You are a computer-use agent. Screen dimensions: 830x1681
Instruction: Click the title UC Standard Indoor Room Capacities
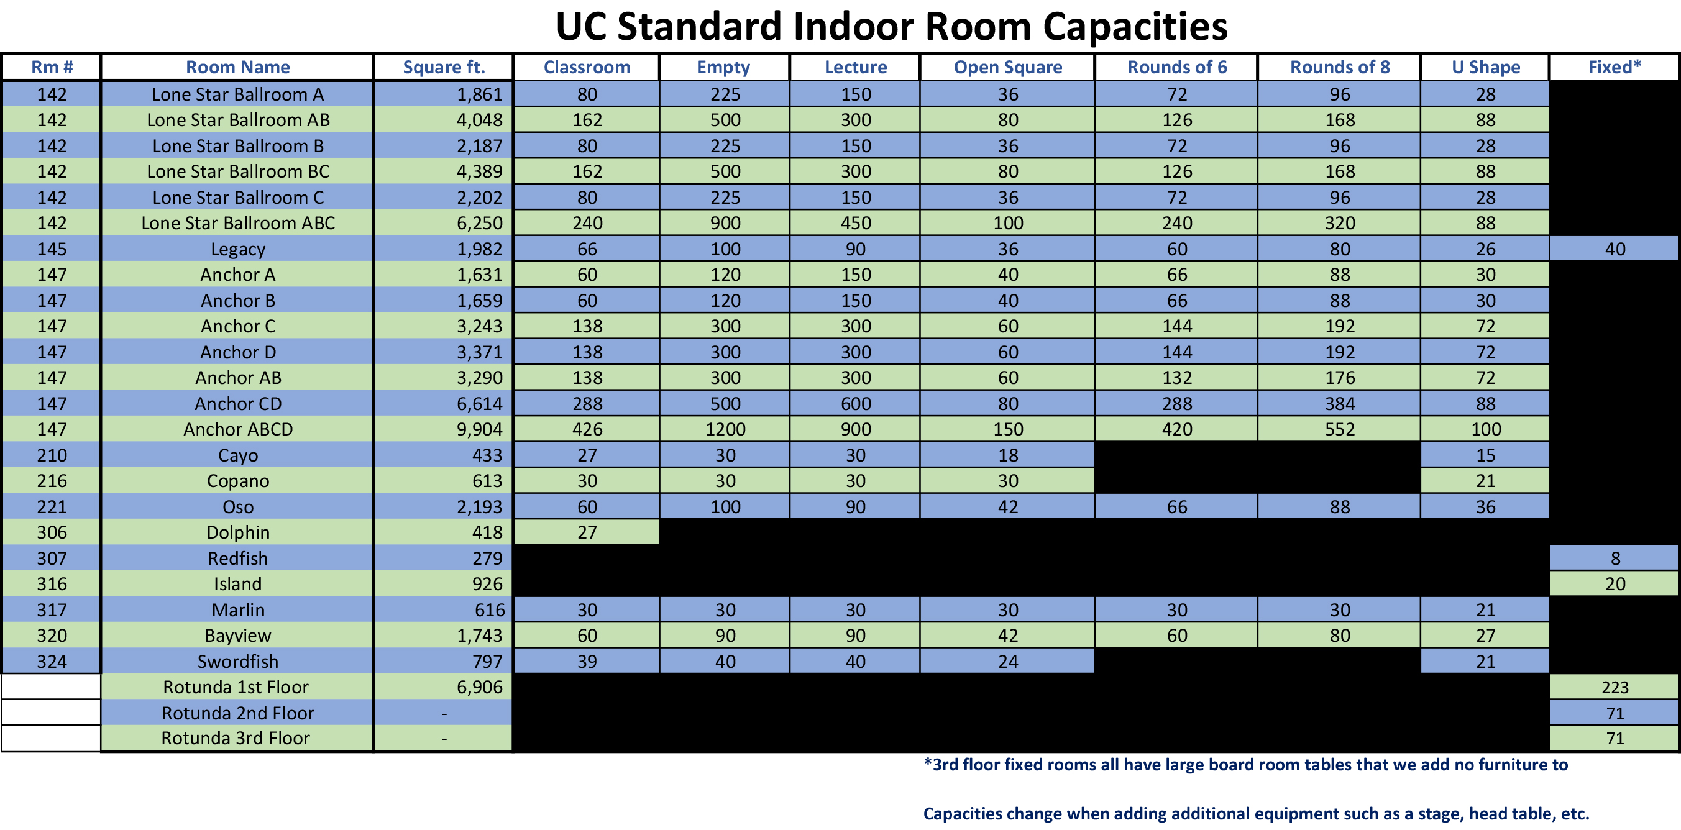pos(891,26)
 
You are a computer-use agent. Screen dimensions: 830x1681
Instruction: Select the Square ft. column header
pos(444,67)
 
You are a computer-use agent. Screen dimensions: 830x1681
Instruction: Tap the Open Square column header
pos(1007,67)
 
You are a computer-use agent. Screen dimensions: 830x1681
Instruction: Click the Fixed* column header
pos(1615,67)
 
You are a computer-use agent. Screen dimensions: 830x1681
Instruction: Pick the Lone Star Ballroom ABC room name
pos(238,223)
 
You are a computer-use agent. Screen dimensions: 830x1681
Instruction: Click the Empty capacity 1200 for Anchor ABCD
pos(725,429)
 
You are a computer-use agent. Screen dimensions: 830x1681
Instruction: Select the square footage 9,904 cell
pos(480,429)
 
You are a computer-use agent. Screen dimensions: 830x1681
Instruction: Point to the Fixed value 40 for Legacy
pos(1615,249)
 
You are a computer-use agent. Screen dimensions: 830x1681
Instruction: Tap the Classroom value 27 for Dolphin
pos(587,532)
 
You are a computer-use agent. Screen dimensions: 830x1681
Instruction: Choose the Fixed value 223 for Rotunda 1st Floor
pos(1615,687)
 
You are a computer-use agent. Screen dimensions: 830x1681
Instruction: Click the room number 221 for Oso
pos(52,507)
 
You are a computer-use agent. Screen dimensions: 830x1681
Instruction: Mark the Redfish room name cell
pos(238,559)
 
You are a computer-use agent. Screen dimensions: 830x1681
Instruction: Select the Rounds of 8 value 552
pos(1340,429)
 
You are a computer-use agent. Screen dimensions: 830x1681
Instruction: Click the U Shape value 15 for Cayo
pos(1485,455)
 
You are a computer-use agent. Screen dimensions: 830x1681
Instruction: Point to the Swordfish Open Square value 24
pos(1007,662)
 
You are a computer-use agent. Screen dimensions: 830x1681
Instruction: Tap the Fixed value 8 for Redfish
pos(1615,559)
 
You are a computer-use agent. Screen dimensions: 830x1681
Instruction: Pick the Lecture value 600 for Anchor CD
pos(856,404)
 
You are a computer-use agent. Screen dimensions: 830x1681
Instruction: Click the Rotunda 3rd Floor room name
pos(236,738)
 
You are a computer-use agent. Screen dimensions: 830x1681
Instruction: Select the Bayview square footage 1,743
pos(480,636)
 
